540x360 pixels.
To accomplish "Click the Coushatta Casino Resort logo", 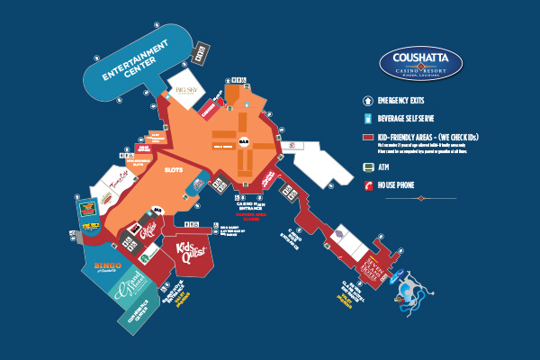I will pyautogui.click(x=421, y=63).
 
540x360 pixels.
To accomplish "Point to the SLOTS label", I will pyautogui.click(x=174, y=168).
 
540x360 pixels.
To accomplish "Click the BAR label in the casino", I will pyautogui.click(x=244, y=141).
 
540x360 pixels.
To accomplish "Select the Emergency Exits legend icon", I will pyautogui.click(x=367, y=101).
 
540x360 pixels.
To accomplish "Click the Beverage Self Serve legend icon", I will pyautogui.click(x=367, y=119).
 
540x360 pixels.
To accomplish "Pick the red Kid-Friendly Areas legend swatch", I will pyautogui.click(x=367, y=137).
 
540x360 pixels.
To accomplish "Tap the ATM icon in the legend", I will pyautogui.click(x=367, y=167).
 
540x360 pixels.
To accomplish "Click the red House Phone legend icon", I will pyautogui.click(x=367, y=185).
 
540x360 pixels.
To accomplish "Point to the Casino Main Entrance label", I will pyautogui.click(x=247, y=205).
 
